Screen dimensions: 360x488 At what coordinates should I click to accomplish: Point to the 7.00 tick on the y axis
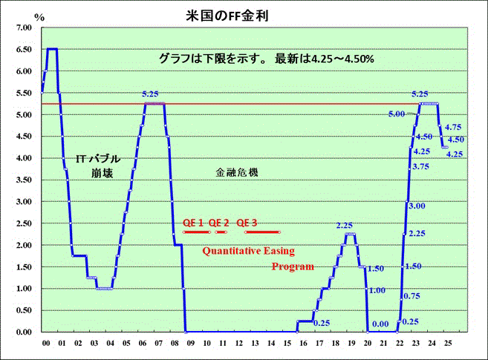click(22, 27)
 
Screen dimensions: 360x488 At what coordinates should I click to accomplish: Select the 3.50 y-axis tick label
click(22, 180)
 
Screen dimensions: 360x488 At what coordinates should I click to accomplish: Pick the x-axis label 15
click(288, 344)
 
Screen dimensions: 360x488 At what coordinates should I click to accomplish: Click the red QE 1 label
click(193, 223)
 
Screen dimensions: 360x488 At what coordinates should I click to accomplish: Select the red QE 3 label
click(247, 223)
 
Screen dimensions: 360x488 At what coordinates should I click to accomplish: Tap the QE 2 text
click(219, 223)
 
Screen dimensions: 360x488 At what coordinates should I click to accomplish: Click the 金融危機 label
click(237, 172)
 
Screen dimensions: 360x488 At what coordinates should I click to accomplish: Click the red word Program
click(293, 266)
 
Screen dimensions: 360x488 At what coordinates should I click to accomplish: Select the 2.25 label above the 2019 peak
click(344, 225)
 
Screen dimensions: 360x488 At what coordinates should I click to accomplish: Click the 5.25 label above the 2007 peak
click(151, 94)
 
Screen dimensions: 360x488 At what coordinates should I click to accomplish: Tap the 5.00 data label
click(396, 114)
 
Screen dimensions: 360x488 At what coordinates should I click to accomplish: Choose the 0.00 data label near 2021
click(380, 324)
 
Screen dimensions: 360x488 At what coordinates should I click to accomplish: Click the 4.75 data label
click(453, 127)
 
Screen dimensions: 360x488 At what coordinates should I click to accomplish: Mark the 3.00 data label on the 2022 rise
click(417, 206)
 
